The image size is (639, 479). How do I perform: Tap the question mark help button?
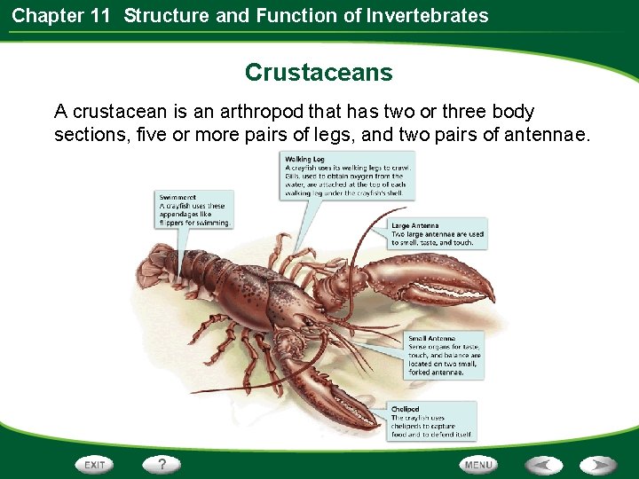tap(162, 464)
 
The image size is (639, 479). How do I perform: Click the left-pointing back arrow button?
tap(544, 465)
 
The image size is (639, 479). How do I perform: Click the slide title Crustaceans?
tap(319, 72)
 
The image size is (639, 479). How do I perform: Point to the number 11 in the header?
tap(99, 15)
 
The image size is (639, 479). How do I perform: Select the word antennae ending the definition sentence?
tap(551, 135)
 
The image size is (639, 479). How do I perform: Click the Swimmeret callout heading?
tap(178, 198)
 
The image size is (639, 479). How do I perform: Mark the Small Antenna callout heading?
tap(432, 338)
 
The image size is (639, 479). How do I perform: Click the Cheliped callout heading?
tap(407, 410)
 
